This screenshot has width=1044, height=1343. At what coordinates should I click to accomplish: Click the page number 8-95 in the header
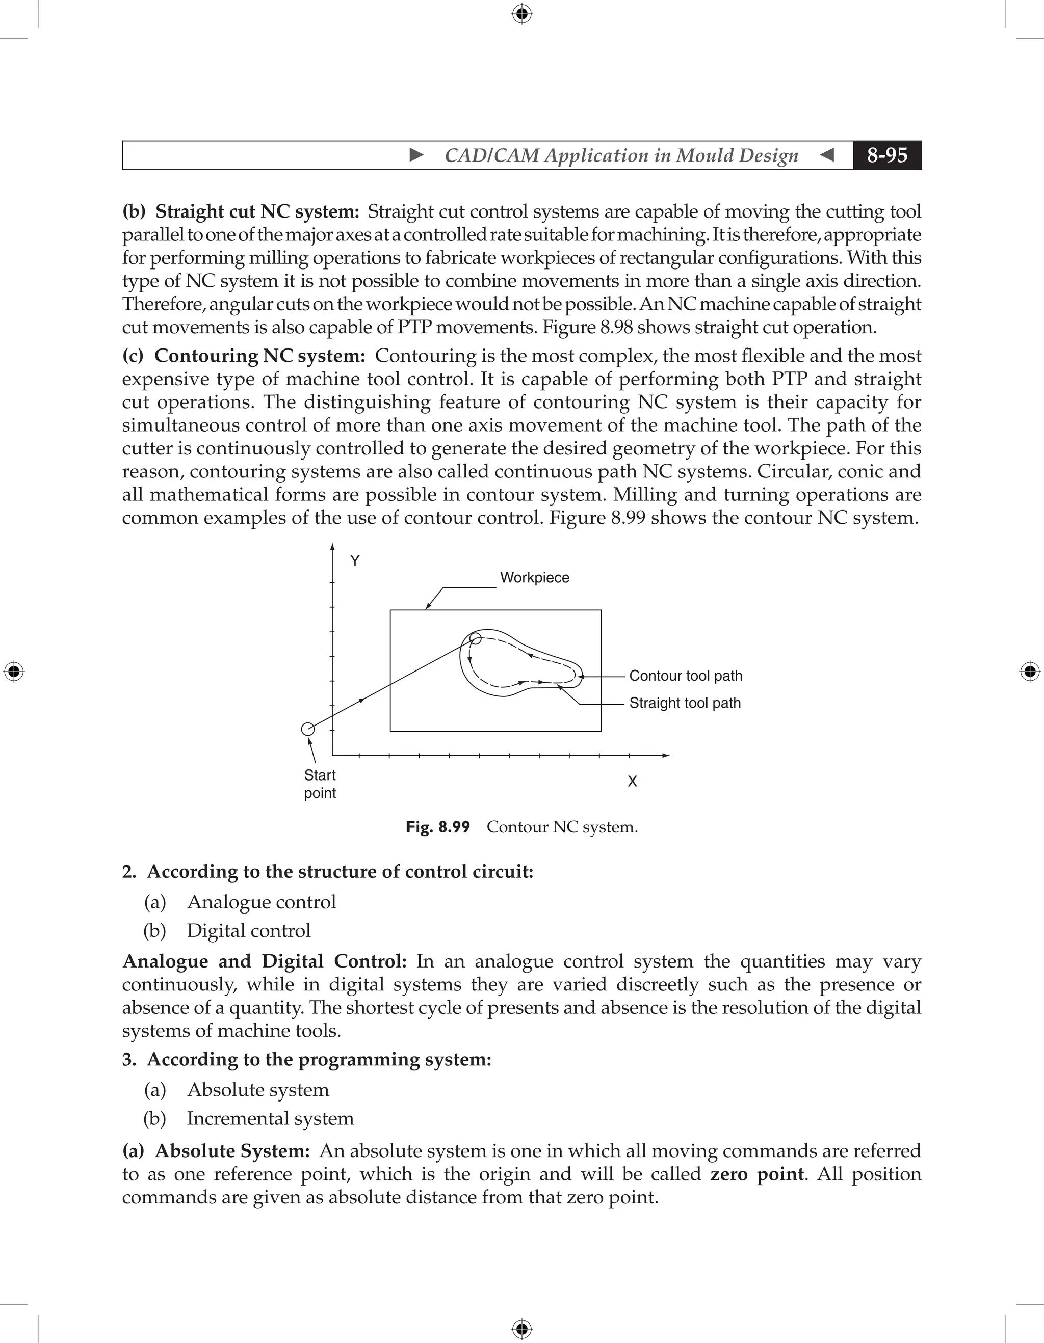coord(886,155)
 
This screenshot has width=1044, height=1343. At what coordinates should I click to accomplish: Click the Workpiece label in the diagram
coord(534,577)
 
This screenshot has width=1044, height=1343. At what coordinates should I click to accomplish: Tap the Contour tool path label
coord(685,676)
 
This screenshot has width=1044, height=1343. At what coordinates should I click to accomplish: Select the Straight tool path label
coord(685,703)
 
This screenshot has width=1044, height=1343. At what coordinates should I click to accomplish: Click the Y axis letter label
coord(355,561)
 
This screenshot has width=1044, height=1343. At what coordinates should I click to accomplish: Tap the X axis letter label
coord(632,782)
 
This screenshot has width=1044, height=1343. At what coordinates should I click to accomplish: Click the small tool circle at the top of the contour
coord(475,638)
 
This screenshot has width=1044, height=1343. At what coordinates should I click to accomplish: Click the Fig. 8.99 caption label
coord(437,827)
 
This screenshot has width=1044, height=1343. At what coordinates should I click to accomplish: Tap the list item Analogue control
coord(261,902)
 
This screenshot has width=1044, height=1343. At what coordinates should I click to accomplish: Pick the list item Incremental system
coord(270,1118)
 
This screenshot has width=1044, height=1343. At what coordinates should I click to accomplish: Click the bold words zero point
coord(756,1174)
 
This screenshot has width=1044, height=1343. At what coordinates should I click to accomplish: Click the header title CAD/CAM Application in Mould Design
coord(621,155)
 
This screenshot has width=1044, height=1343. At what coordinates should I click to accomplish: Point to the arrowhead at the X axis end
coord(666,755)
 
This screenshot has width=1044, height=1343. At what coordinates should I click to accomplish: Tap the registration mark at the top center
coord(521,14)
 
